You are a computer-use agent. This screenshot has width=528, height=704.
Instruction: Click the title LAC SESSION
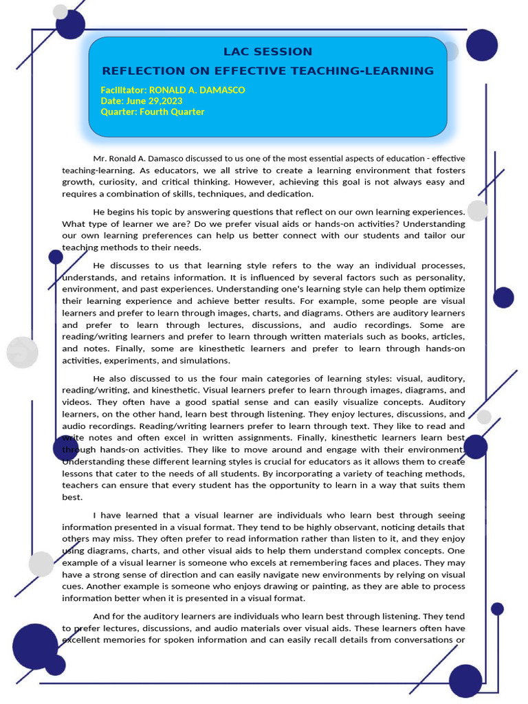click(x=268, y=52)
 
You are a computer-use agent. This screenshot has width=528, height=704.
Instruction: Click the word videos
click(x=77, y=402)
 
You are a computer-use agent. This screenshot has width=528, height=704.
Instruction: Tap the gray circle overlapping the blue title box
click(x=450, y=52)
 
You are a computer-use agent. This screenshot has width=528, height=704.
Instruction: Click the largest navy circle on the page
click(x=35, y=646)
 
